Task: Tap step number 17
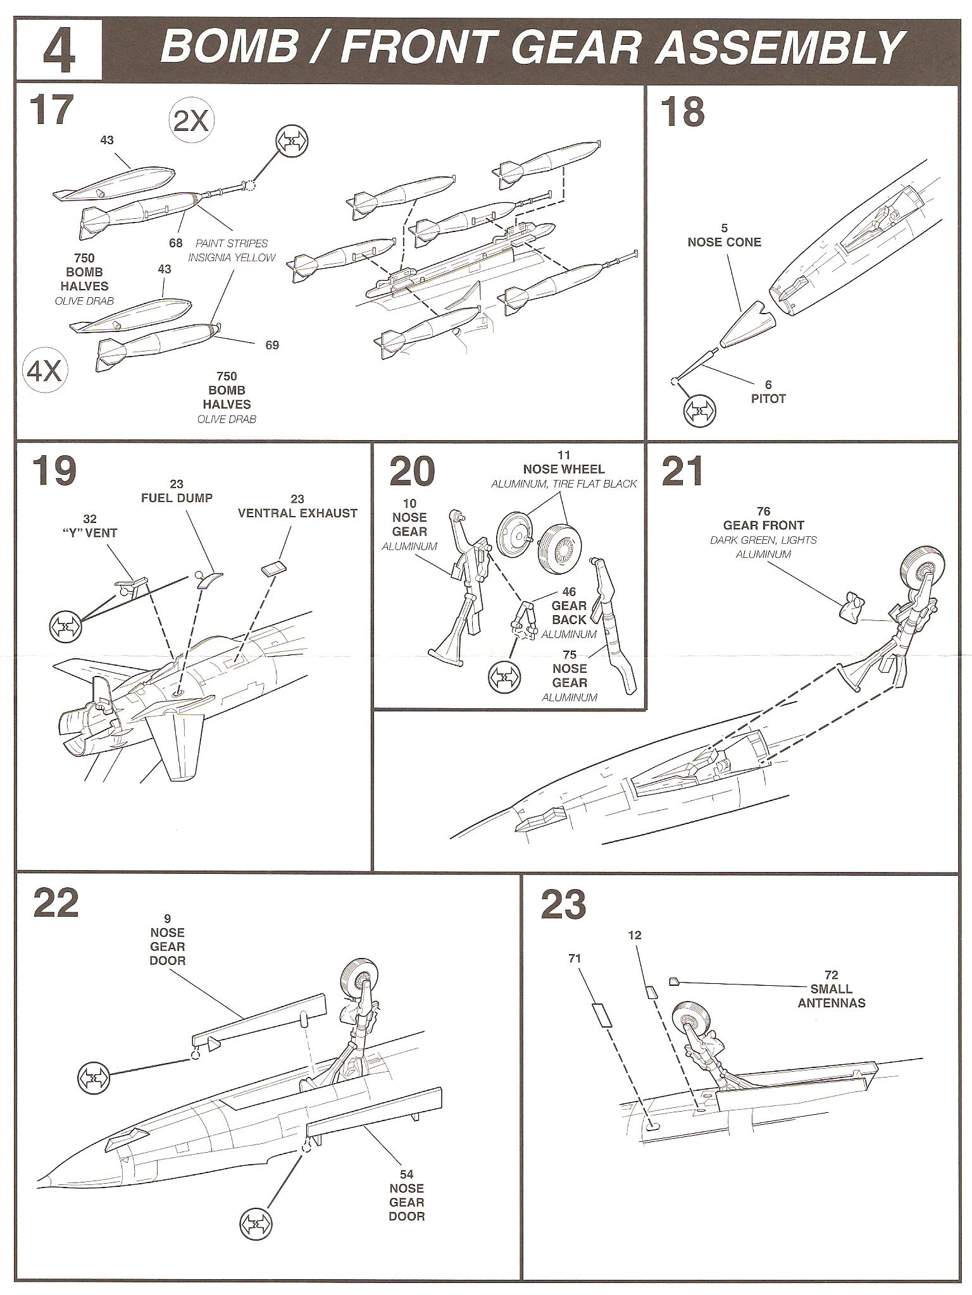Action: coord(51,110)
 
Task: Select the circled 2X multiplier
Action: coord(190,120)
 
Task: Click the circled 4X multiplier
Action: coord(45,371)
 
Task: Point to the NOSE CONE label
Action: coord(724,242)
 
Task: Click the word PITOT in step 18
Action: coord(768,399)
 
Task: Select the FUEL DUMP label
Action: coord(177,498)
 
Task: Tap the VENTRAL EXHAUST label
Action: coord(297,513)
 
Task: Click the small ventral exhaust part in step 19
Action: coord(273,567)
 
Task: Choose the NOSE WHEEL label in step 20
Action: coord(563,469)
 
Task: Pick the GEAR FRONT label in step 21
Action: coord(763,525)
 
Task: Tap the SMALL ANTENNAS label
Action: coord(831,996)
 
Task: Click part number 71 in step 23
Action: coord(575,959)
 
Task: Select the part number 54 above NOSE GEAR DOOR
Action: coord(406,1175)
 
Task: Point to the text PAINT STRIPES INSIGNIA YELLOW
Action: coord(232,250)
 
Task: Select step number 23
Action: coord(563,905)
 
